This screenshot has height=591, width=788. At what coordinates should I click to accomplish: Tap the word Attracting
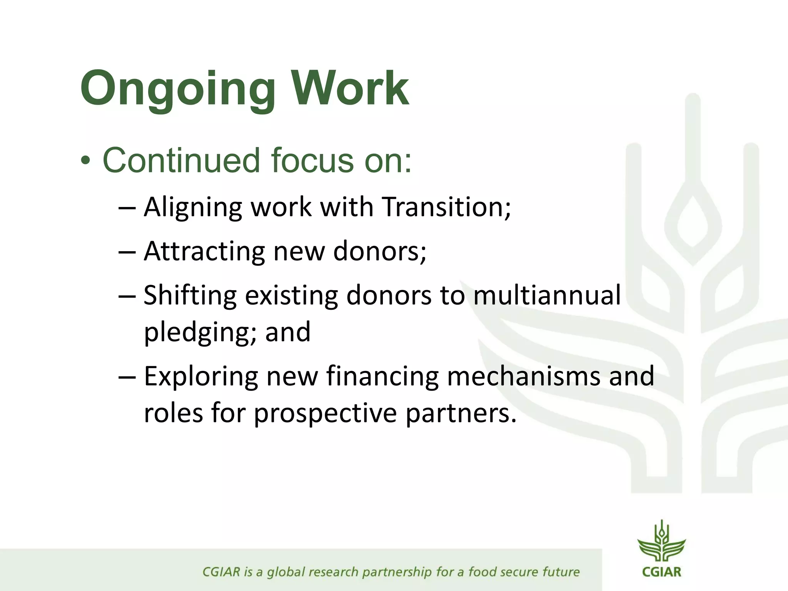[x=204, y=251]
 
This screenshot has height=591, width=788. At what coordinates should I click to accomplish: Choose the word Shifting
[x=190, y=295]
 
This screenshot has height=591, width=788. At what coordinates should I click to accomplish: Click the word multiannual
[x=546, y=295]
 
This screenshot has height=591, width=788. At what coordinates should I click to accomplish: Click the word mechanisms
[x=523, y=376]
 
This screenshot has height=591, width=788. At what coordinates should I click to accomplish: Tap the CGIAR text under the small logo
[x=661, y=572]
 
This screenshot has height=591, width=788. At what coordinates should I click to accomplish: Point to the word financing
[x=382, y=376]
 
